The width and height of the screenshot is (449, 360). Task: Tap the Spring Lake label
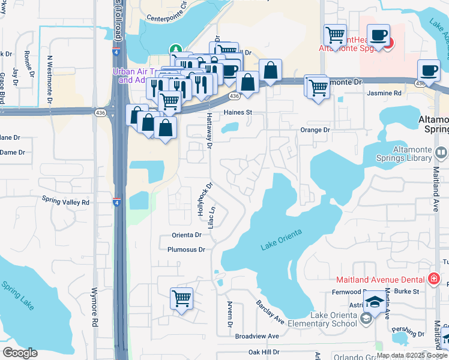(x=17, y=295)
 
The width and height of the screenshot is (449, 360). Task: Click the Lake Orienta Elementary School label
(x=333, y=320)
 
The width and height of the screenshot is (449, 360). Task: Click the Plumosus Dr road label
(x=186, y=250)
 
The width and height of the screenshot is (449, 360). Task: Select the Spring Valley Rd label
(x=65, y=202)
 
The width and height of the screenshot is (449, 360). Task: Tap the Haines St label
(x=236, y=112)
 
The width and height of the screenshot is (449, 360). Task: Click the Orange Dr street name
(x=315, y=130)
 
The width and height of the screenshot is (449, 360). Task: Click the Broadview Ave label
(x=257, y=337)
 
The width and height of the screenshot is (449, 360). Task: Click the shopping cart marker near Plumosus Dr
(x=181, y=298)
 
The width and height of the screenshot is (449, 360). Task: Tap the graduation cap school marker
(x=375, y=302)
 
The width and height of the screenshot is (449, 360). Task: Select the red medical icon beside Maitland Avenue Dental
(x=433, y=279)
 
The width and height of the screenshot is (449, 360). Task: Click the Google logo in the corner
(x=20, y=353)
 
